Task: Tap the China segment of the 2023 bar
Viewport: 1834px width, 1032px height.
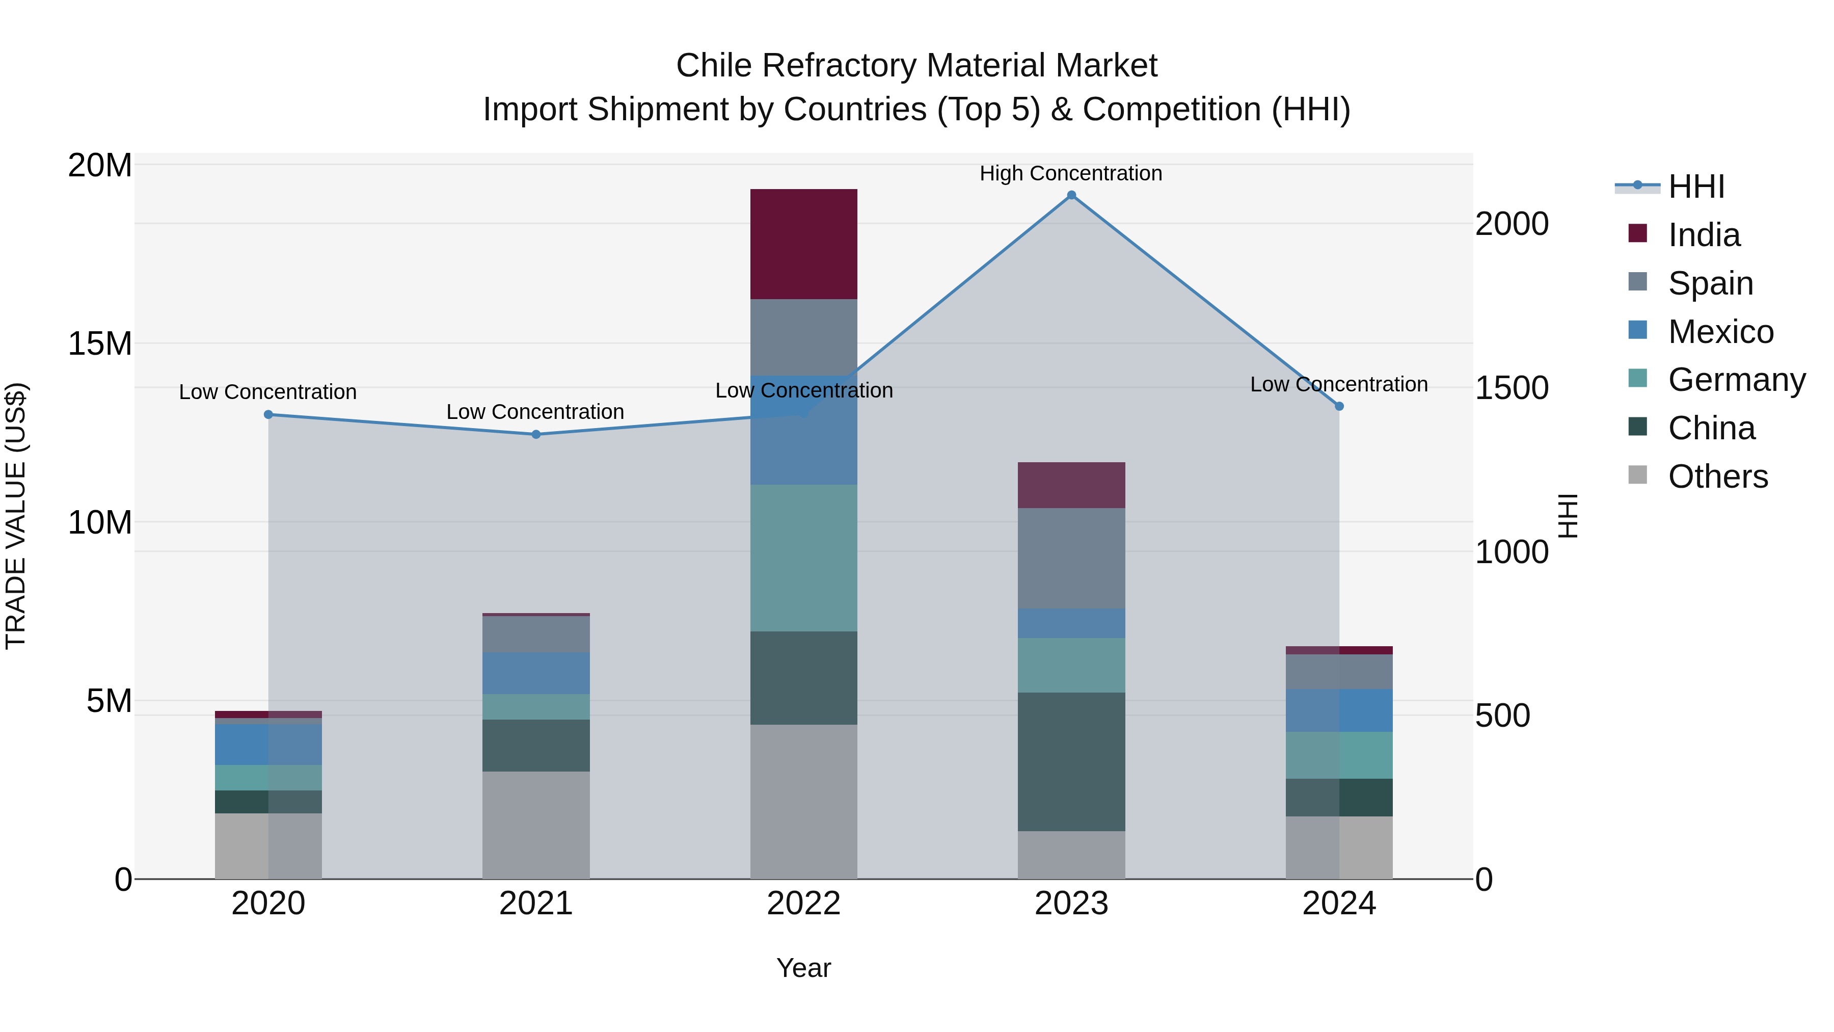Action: click(1071, 761)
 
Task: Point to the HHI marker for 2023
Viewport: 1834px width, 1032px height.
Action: click(1071, 195)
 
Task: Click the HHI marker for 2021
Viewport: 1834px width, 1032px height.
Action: click(535, 434)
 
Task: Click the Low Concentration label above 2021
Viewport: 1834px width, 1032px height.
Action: click(535, 412)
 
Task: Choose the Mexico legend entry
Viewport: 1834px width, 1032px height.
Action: click(1720, 332)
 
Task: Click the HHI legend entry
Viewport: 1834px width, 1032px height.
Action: click(1696, 187)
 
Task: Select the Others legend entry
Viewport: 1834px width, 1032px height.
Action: click(1717, 477)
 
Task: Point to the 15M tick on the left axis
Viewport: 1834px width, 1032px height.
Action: click(100, 344)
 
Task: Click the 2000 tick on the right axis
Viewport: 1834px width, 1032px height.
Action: click(1512, 224)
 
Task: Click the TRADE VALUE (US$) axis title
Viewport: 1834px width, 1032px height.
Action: click(16, 516)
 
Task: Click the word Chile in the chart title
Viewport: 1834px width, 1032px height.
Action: click(716, 66)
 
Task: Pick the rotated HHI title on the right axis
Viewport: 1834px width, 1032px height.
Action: click(1569, 516)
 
